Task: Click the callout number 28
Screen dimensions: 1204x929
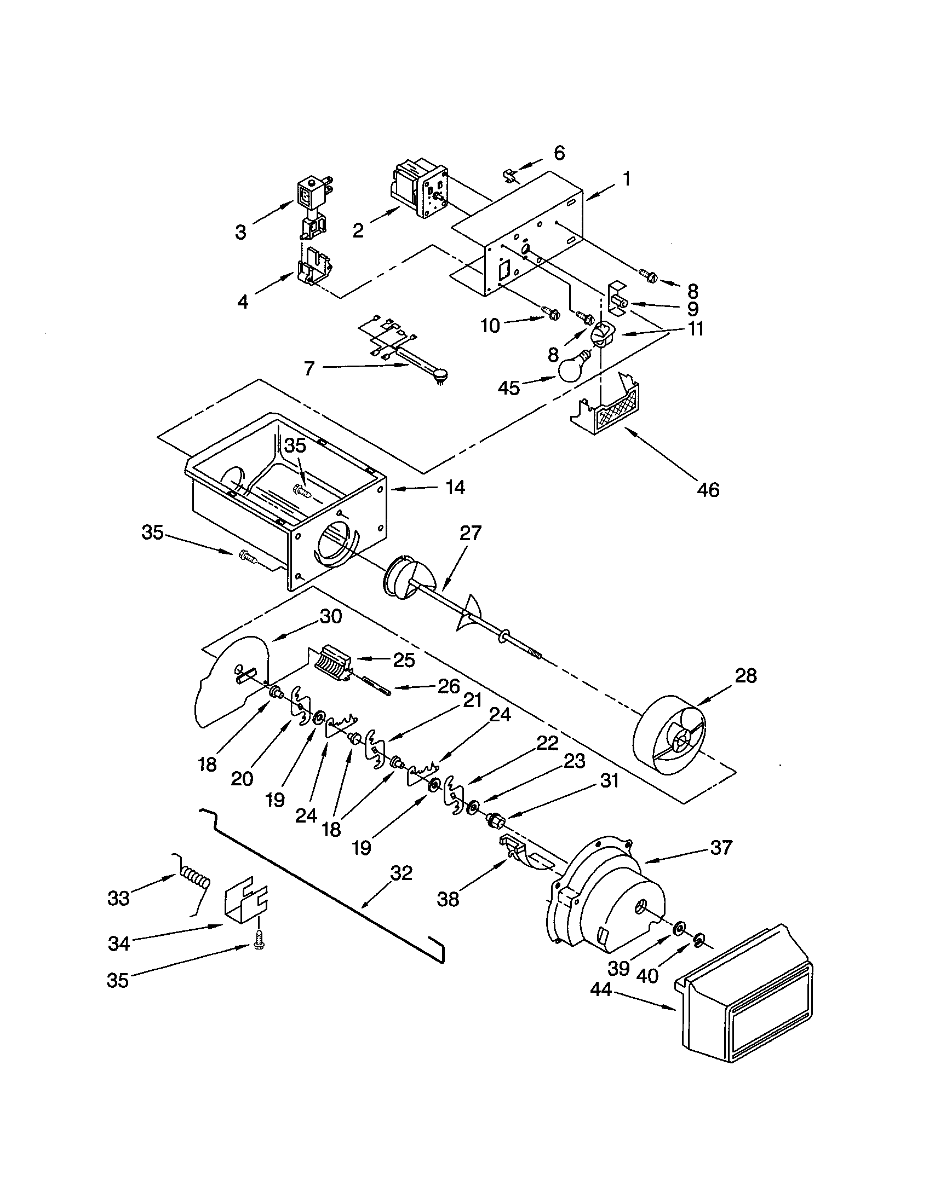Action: (x=746, y=675)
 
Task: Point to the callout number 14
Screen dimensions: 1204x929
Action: (x=454, y=487)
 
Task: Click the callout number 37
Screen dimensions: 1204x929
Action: (x=721, y=847)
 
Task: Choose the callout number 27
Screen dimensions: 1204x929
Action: (x=470, y=534)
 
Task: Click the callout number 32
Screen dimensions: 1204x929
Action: (x=401, y=874)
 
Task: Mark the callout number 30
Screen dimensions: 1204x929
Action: (x=331, y=616)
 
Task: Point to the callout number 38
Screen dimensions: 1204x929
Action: (x=448, y=900)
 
